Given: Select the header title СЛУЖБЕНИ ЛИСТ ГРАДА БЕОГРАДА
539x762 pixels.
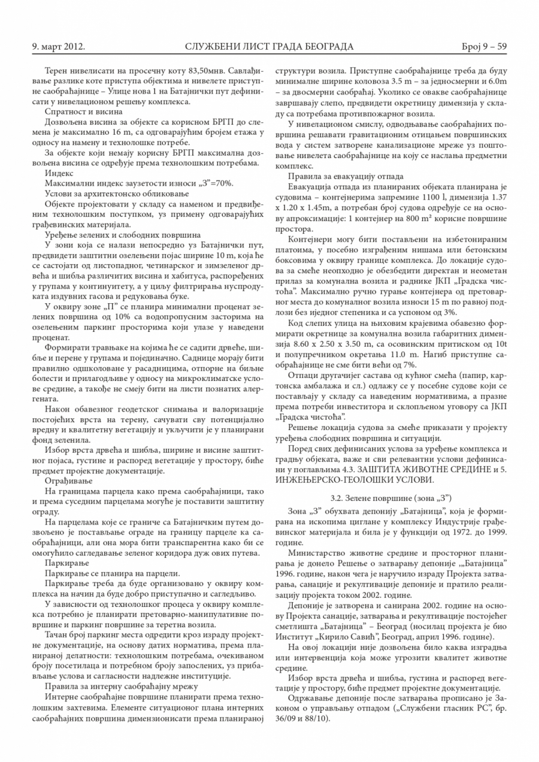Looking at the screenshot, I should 269,46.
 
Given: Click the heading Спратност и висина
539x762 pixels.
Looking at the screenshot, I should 75,111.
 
